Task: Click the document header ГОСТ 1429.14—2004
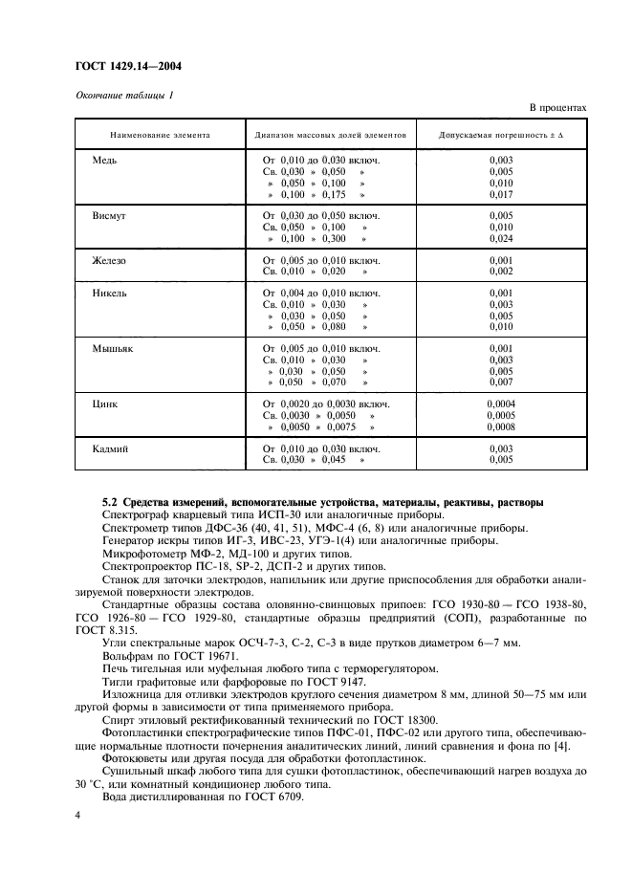128,66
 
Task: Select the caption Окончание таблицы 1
124,94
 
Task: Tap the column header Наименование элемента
159,137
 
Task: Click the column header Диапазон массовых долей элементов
331,137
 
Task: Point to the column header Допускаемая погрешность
501,137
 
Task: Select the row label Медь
104,161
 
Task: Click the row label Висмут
108,216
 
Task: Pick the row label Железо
108,260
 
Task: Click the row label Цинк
104,404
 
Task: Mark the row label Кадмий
109,448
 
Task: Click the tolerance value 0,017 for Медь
501,194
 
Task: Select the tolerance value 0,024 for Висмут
501,239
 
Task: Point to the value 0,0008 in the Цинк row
501,427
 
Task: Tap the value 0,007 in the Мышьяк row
501,382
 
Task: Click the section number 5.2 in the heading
110,502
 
